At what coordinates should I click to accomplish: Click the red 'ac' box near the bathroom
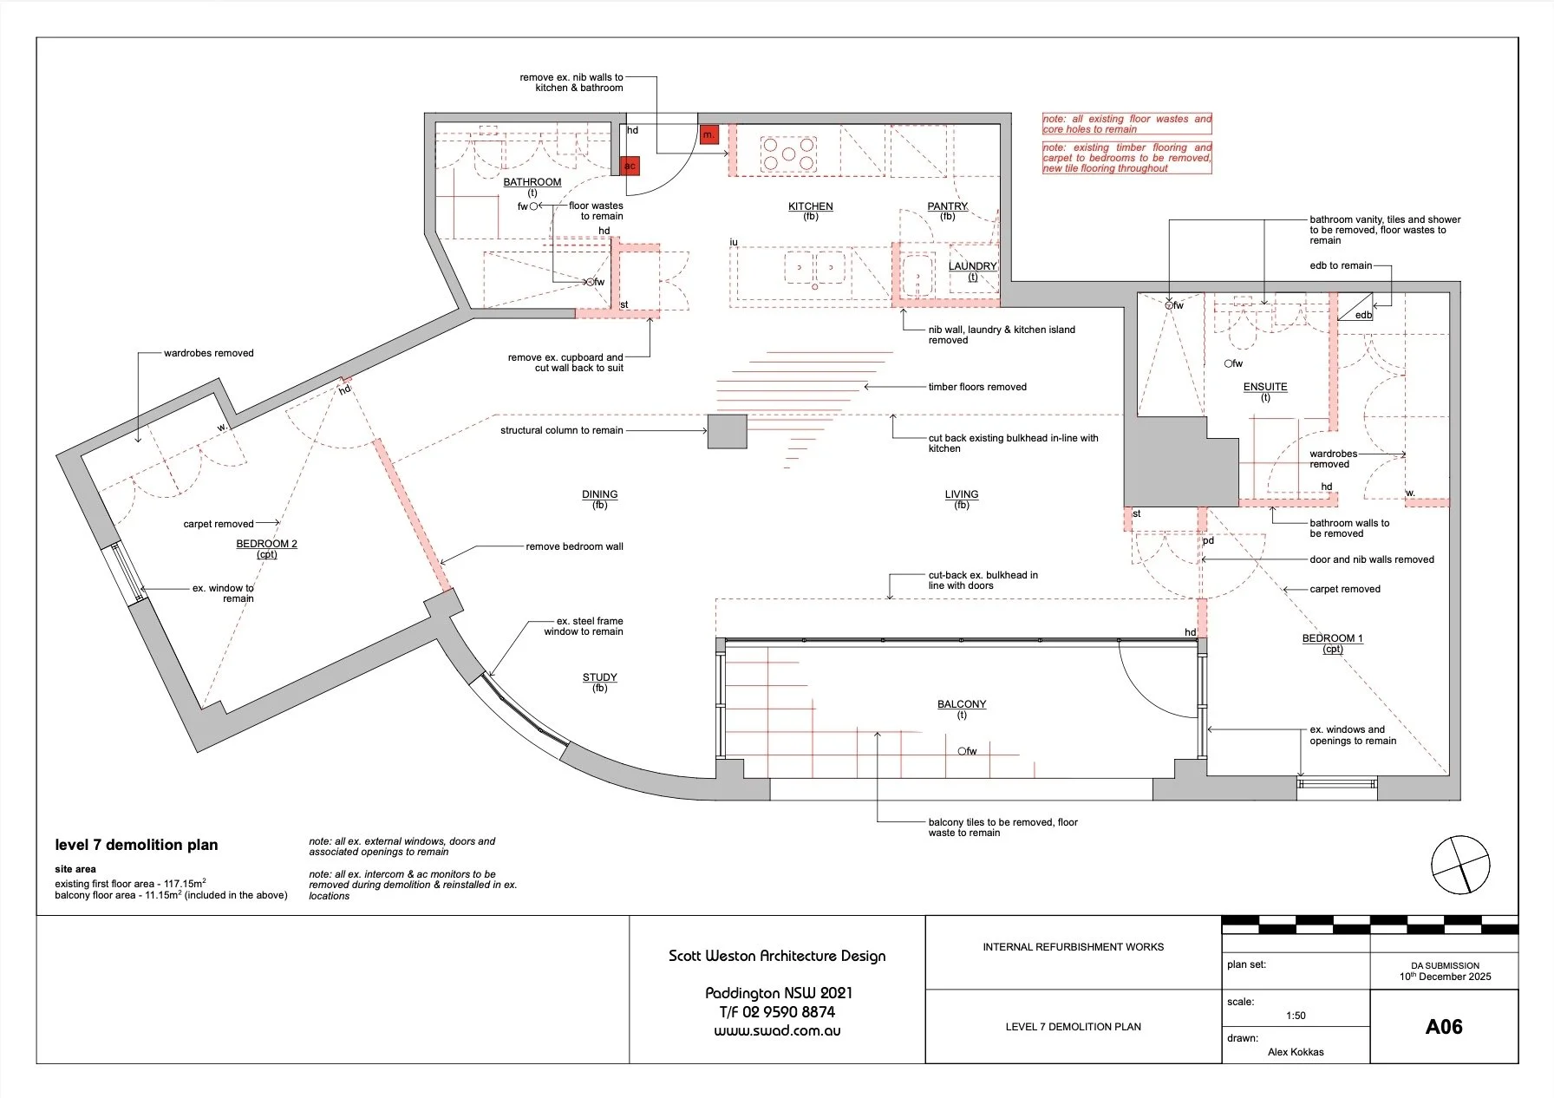tap(630, 166)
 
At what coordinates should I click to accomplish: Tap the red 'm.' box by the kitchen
tap(709, 134)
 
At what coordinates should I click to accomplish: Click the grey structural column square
tap(727, 431)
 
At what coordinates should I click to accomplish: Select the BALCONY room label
tap(962, 704)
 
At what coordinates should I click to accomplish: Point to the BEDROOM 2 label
tap(266, 544)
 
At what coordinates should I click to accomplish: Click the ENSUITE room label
tap(1265, 387)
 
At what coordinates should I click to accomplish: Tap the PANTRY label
tap(947, 206)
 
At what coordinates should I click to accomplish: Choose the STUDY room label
tap(600, 677)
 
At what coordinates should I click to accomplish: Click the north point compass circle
tap(1460, 864)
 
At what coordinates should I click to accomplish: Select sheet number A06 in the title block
tap(1444, 1027)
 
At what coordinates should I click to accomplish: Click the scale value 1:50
tap(1296, 1016)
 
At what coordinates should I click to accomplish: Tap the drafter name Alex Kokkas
tap(1296, 1052)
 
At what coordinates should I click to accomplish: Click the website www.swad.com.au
tap(777, 1031)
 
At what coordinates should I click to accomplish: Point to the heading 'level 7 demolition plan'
tap(136, 845)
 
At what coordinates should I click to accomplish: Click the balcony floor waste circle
tap(962, 751)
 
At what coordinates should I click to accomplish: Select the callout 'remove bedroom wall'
tap(574, 546)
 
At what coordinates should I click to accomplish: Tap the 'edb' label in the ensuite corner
tap(1363, 315)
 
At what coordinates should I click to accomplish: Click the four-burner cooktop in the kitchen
tap(787, 154)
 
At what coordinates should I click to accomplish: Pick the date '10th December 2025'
tap(1445, 977)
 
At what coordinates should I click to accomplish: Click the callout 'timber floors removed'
tap(977, 387)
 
